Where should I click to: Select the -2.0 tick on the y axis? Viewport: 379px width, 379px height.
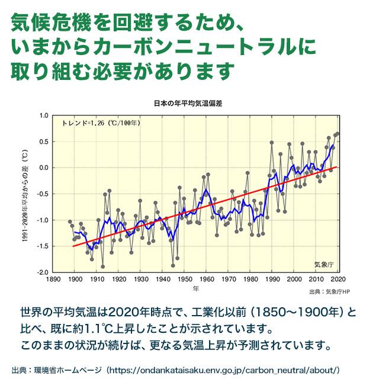point(43,272)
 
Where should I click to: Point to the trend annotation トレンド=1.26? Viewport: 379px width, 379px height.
point(101,124)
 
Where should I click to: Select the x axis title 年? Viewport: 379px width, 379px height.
point(195,288)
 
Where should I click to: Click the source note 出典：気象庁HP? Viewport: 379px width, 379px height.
point(330,292)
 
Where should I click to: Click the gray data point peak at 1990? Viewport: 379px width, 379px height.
point(272,143)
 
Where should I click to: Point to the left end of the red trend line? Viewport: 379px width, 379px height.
point(73,246)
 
